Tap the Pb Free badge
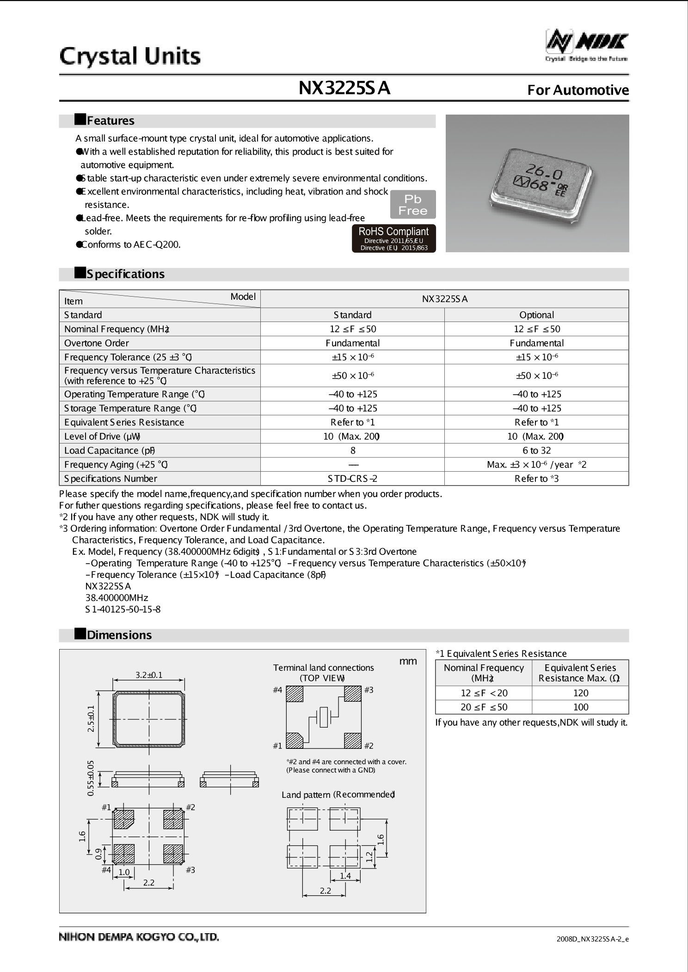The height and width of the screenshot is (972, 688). coord(413,205)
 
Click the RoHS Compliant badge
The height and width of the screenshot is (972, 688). coord(394,238)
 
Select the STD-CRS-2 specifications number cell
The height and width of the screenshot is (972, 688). coord(352,479)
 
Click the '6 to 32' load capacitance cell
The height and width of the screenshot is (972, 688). coord(536,450)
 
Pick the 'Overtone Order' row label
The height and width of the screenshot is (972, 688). coord(97,343)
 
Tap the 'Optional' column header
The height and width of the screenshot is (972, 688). coord(536,315)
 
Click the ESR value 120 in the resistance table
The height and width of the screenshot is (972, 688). coord(580,693)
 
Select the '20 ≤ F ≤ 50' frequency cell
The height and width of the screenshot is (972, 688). coord(484,707)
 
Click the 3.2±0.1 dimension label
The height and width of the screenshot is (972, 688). coord(149,675)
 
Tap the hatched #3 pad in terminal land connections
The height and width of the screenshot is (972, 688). coord(352,694)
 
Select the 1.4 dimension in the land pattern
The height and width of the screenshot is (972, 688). coord(345,876)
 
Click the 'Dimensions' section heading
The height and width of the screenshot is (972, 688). coord(119,635)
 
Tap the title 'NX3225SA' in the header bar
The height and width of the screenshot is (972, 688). coord(344,88)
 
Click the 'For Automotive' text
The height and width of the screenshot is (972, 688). coord(578,90)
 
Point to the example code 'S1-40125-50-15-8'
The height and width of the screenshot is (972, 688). coord(123,609)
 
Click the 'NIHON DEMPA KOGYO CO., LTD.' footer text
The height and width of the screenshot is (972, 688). coord(139,937)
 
